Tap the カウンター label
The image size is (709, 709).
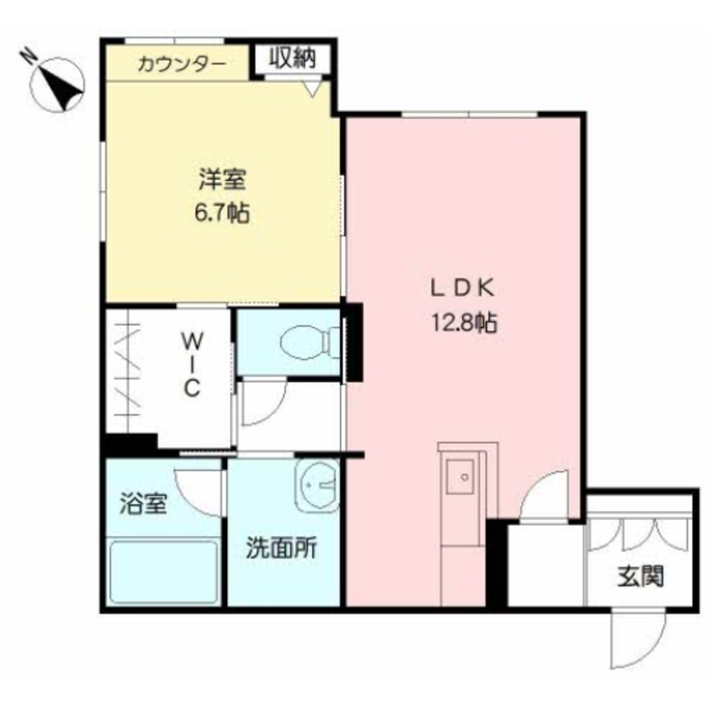click(x=182, y=65)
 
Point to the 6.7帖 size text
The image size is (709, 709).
click(x=221, y=213)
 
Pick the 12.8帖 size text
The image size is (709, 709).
click(x=464, y=324)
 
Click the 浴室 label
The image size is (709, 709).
click(x=143, y=505)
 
